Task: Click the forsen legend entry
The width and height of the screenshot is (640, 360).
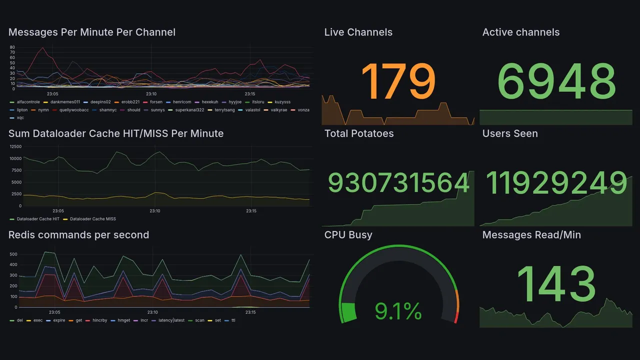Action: click(x=156, y=102)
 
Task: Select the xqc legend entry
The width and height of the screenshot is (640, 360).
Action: click(x=20, y=118)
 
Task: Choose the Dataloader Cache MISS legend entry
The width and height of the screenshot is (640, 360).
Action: click(x=92, y=219)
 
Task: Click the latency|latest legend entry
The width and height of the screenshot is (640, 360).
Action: click(x=171, y=320)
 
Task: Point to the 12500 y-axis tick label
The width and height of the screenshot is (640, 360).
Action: click(x=15, y=147)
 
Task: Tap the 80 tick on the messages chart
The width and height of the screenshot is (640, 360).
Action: click(x=12, y=47)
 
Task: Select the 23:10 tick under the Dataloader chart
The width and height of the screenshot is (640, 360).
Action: click(x=155, y=211)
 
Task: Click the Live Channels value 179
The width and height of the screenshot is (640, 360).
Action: click(x=398, y=81)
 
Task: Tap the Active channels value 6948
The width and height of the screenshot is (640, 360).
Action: click(x=556, y=81)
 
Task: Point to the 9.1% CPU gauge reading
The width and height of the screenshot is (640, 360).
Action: click(x=398, y=312)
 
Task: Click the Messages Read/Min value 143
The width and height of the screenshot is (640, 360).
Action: click(x=556, y=283)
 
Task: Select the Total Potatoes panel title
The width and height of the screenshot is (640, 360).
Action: click(x=359, y=133)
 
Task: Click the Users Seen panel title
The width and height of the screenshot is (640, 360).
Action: click(x=510, y=133)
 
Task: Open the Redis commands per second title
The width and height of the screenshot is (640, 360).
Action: click(x=78, y=235)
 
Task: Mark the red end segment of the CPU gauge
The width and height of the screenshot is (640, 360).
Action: click(x=455, y=317)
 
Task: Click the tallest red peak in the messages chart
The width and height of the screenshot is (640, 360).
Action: click(x=43, y=48)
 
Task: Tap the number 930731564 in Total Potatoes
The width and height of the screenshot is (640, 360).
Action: click(x=398, y=183)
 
